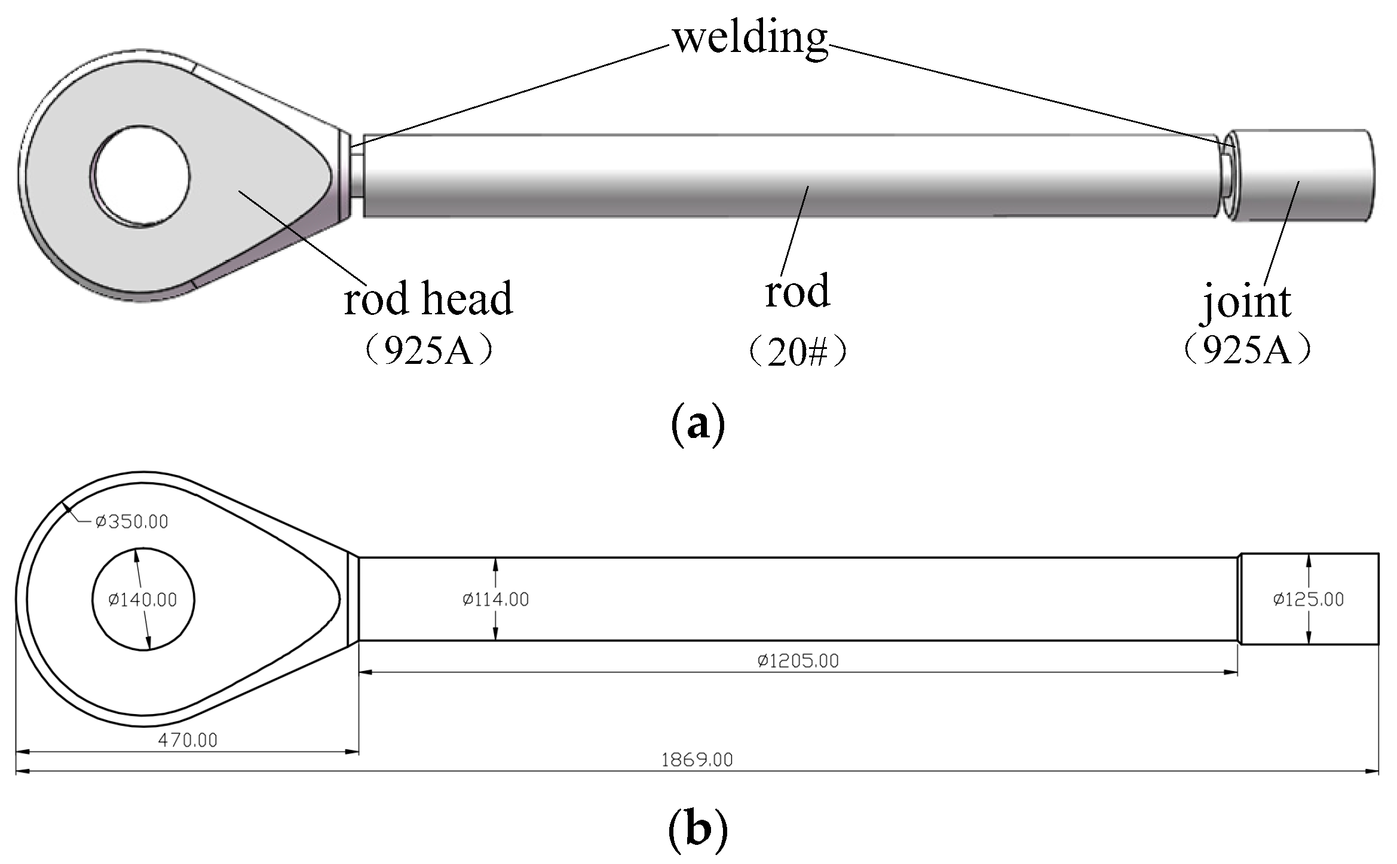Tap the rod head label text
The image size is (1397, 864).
coord(428,298)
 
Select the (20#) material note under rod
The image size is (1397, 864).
coord(797,352)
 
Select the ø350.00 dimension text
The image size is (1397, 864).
coord(131,522)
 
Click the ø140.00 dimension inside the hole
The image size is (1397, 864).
coord(143,599)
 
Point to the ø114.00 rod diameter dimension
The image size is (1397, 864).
coord(496,599)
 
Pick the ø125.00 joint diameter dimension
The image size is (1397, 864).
coord(1308,599)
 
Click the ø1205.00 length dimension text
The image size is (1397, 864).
coord(798,661)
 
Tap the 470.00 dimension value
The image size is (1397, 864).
coord(188,740)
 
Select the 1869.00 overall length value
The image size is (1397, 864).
coord(697,760)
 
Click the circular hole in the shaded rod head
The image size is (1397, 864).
coord(142,176)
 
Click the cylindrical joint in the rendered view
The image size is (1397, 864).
coord(1303,176)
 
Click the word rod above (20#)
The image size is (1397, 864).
coord(797,292)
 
